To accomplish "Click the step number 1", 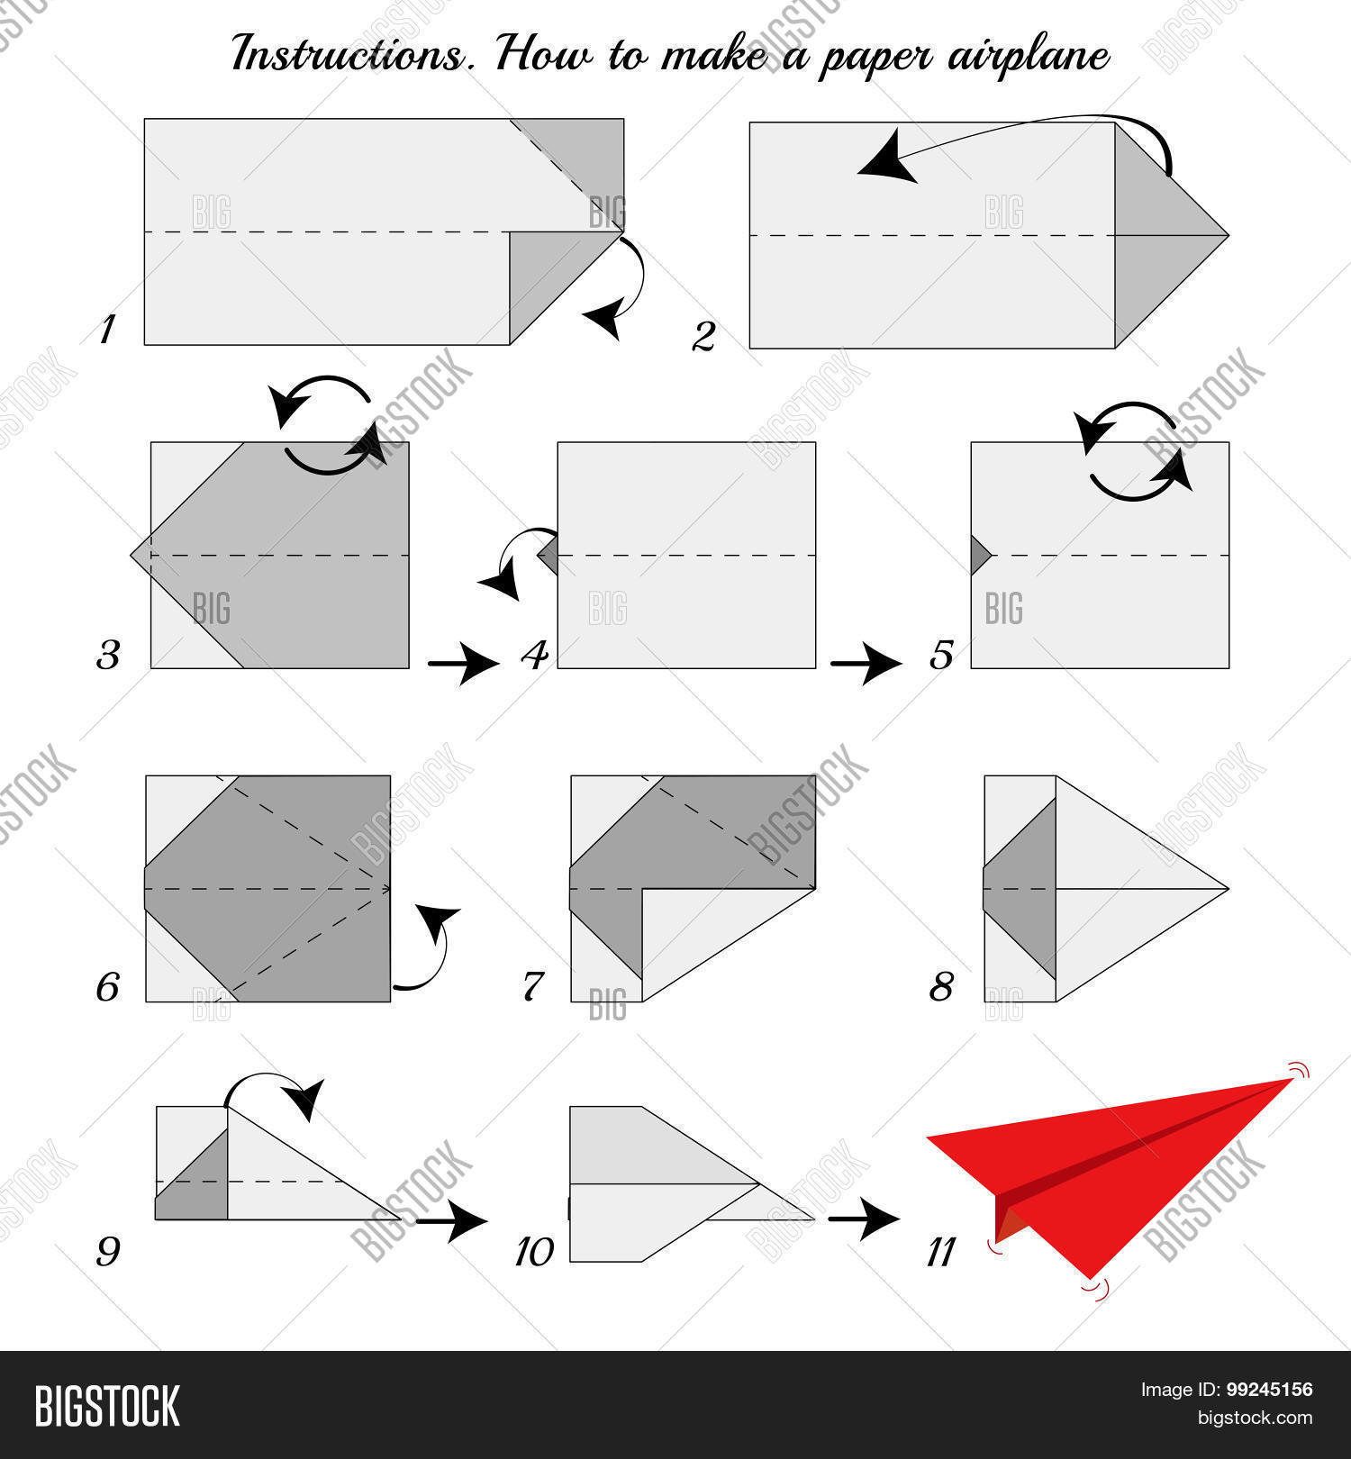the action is point(107,330).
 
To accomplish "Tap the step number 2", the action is point(703,336).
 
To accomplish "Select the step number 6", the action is point(107,987).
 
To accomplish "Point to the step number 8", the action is point(941,987).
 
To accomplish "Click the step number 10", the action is point(534,1251).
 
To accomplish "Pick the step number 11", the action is point(940,1251).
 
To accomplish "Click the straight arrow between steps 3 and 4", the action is point(463,665).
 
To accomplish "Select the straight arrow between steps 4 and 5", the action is point(866,665).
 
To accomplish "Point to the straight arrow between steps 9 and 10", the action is point(451,1220).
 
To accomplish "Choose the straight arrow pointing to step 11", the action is point(864,1220).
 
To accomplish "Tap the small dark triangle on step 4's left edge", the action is point(549,555).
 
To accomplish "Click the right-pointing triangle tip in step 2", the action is point(1228,235).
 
